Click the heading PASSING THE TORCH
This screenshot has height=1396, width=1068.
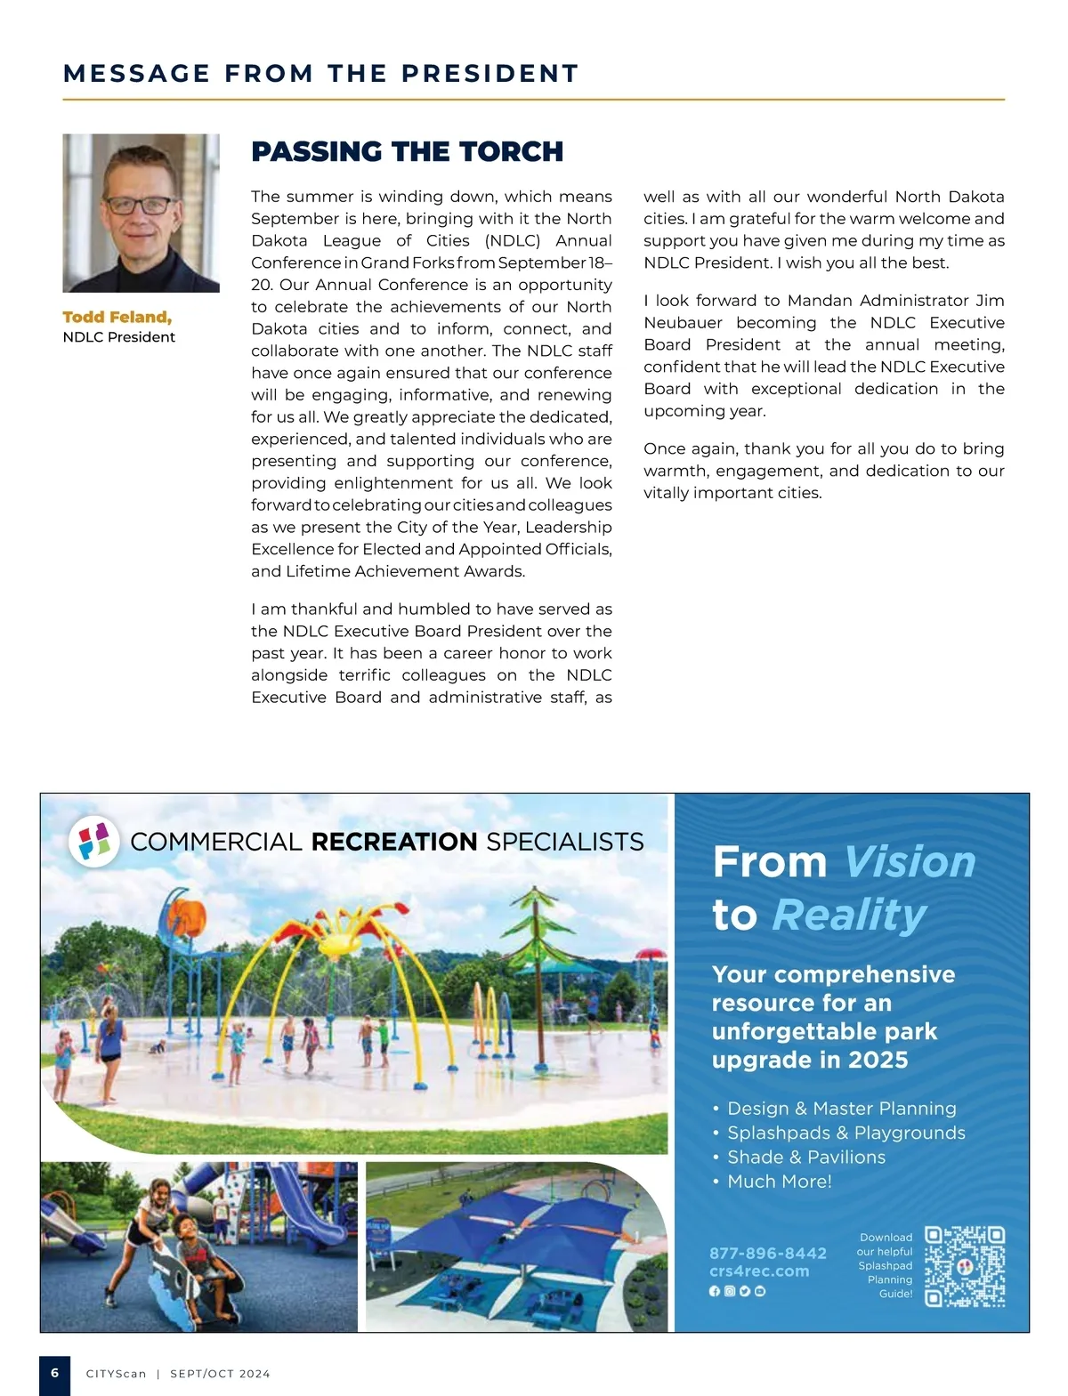(x=407, y=151)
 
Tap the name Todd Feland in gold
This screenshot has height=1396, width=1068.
(x=117, y=317)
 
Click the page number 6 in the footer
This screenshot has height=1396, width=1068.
(x=55, y=1373)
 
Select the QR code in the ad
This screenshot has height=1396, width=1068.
(x=965, y=1266)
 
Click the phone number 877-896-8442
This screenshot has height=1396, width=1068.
(x=767, y=1253)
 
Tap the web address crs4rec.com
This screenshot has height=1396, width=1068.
(x=759, y=1271)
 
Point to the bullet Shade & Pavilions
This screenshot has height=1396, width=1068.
(x=805, y=1157)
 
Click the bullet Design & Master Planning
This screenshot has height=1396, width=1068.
(x=841, y=1108)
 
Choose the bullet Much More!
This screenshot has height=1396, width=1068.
(x=779, y=1181)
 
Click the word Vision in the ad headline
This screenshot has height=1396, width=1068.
(x=909, y=861)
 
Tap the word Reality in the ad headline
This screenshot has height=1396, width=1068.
(x=849, y=915)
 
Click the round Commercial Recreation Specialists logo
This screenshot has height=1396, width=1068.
(x=94, y=841)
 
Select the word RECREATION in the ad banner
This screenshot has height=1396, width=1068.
(x=394, y=842)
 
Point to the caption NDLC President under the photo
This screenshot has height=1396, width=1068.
(x=118, y=337)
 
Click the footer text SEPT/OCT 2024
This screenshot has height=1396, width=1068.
(x=220, y=1374)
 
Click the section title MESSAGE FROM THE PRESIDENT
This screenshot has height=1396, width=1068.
(x=320, y=73)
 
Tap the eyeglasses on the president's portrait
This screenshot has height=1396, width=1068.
(x=139, y=205)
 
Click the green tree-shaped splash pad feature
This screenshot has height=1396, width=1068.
(x=534, y=934)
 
